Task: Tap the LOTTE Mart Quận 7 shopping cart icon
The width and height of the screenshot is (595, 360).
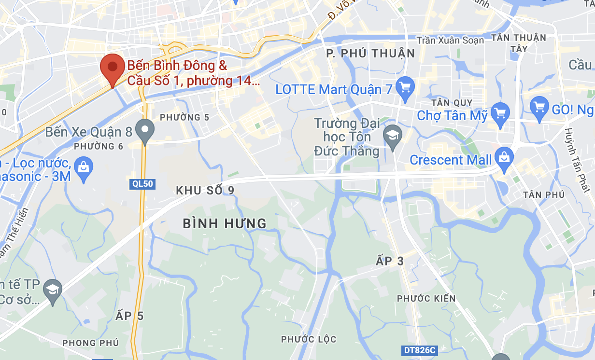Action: coord(405,87)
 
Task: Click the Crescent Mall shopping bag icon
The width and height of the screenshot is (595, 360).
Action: coord(504,157)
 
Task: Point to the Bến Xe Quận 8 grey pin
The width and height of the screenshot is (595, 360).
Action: coord(144,129)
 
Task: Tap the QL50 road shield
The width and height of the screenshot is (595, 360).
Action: coord(142,184)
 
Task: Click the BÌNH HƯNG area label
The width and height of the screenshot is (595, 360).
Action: coord(225,223)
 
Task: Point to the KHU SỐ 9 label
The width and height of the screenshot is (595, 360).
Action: coord(205,191)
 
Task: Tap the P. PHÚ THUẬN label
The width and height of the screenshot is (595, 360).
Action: coord(370,54)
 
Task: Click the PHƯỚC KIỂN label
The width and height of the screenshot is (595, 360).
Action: coord(426,298)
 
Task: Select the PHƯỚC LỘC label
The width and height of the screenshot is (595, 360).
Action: coord(309,339)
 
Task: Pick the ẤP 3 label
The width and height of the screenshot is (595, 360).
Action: coord(389,261)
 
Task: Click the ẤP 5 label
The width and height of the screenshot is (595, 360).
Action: coord(130,316)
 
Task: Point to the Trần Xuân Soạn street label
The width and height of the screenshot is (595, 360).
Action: coord(450,41)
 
